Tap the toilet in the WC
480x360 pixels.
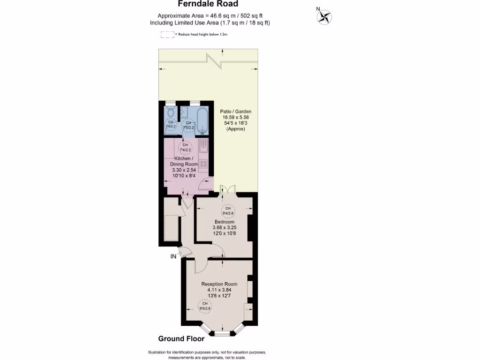click(x=170, y=113)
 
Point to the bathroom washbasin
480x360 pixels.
click(x=184, y=112)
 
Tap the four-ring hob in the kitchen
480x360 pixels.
click(x=203, y=164)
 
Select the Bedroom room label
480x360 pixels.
click(x=225, y=222)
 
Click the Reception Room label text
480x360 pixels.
click(x=219, y=284)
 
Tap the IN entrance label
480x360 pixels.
click(x=173, y=256)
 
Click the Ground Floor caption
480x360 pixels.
click(x=181, y=339)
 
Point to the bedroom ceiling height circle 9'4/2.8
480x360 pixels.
click(x=228, y=210)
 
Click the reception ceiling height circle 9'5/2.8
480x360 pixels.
click(x=205, y=307)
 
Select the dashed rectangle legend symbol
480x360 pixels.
click(x=167, y=34)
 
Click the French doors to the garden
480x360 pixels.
click(x=228, y=189)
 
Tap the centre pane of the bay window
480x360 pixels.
click(x=223, y=333)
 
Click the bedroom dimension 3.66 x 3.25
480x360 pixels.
click(x=225, y=227)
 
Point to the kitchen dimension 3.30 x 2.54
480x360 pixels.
click(x=184, y=171)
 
